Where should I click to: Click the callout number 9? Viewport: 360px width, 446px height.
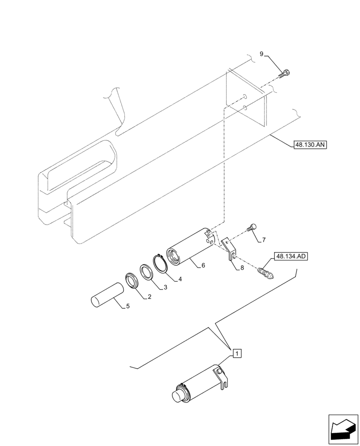[262, 54]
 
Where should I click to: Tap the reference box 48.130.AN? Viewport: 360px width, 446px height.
[310, 145]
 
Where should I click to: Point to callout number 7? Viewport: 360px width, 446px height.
[263, 240]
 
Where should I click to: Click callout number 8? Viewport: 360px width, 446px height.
[241, 268]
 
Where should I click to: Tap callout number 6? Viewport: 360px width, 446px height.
[203, 265]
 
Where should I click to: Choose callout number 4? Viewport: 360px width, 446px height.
[180, 279]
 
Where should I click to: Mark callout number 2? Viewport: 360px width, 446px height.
[150, 296]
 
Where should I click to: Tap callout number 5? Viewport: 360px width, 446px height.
[128, 306]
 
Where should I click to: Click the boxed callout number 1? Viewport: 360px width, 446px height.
[237, 354]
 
